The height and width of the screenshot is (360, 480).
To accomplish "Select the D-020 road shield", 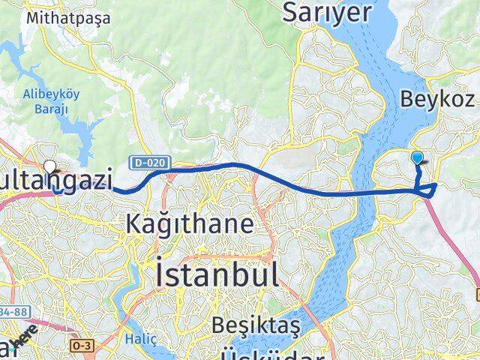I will pos(150,162).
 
